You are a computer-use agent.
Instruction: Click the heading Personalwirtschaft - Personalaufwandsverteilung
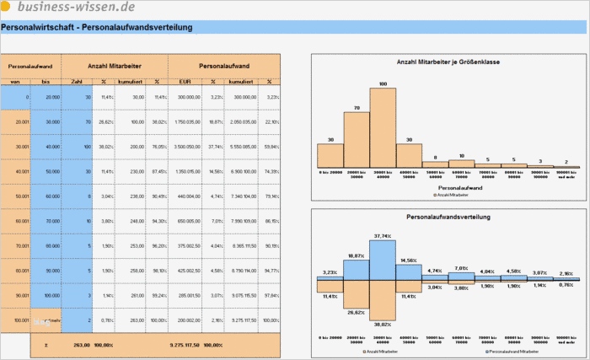[x=97, y=27]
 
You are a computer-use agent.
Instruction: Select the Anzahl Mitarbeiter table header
[x=115, y=64]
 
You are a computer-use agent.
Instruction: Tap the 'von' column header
[x=15, y=82]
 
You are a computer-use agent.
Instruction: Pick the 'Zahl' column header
[x=77, y=82]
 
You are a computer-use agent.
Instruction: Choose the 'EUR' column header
[x=184, y=82]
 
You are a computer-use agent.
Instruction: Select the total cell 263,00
[x=82, y=345]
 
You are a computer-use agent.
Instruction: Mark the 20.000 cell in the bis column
[x=51, y=97]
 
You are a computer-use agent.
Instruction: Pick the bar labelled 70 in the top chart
[x=356, y=140]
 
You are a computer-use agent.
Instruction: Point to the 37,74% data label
[x=383, y=237]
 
